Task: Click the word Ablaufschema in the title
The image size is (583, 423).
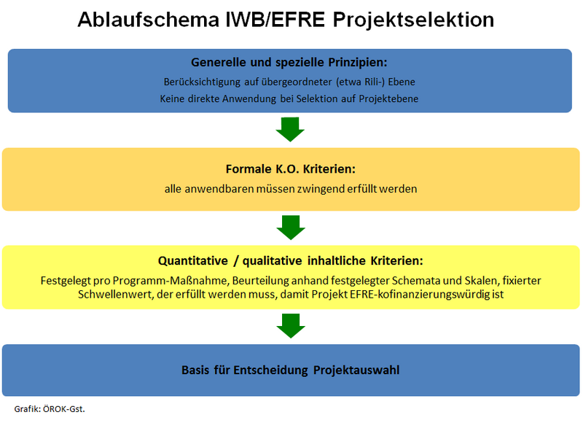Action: click(149, 20)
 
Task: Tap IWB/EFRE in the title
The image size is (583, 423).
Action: click(275, 20)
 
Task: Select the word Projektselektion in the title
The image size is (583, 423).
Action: click(413, 20)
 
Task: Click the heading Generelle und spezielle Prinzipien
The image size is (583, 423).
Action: click(289, 62)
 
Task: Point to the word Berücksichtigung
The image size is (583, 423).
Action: click(203, 82)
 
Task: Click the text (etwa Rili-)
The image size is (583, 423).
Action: click(360, 82)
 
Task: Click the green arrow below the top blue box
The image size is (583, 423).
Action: click(290, 130)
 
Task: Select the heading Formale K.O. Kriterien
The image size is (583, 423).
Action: click(290, 169)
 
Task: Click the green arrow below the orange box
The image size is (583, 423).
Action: click(291, 228)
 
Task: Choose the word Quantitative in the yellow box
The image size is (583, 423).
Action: click(192, 261)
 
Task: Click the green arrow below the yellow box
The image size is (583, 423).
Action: click(291, 326)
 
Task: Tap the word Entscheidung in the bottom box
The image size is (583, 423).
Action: click(270, 370)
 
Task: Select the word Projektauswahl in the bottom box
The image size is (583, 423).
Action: click(356, 370)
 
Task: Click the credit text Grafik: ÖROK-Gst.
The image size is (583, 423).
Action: click(50, 409)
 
